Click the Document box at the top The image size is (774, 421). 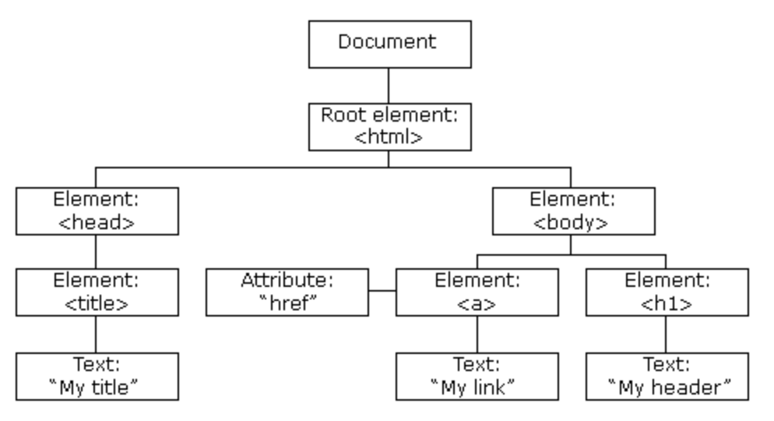point(389,44)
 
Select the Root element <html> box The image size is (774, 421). point(389,126)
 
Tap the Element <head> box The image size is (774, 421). point(97,210)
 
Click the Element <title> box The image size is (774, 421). point(97,292)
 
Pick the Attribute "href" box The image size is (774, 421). point(287,292)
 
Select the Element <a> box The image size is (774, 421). point(477,292)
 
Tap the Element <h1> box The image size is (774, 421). point(667,292)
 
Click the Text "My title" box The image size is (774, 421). point(97,376)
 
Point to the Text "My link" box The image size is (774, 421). point(477,376)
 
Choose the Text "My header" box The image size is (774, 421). point(667,376)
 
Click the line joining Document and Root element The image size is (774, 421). point(389,85)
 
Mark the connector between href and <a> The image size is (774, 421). point(382,292)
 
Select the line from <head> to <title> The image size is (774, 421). point(96,252)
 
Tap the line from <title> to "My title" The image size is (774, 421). point(96,334)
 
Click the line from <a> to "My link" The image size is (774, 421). point(477,334)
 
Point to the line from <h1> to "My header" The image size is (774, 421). point(667,334)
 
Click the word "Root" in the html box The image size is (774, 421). point(340,115)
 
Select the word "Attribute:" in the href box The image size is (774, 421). point(287,281)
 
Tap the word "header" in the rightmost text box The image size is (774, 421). point(688,387)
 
